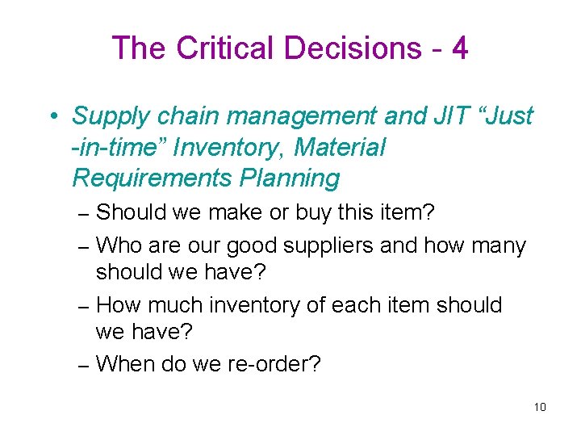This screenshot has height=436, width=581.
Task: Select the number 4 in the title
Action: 460,48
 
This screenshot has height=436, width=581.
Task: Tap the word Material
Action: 340,147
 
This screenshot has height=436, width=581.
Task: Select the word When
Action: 126,364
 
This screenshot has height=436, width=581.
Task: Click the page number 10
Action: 540,406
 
